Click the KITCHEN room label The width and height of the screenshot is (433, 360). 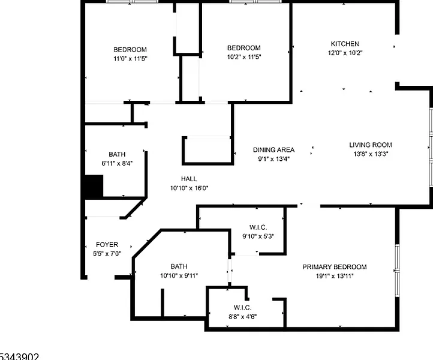click(x=345, y=44)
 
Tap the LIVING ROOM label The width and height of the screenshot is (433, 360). click(x=371, y=145)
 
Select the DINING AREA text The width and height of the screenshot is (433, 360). click(x=273, y=150)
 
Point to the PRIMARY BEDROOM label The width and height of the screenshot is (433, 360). click(x=335, y=267)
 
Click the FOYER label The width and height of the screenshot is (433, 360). click(x=107, y=245)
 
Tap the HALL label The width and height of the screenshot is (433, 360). click(x=189, y=179)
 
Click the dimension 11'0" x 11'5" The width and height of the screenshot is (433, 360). click(x=130, y=59)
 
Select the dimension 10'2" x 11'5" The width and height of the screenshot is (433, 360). click(x=244, y=57)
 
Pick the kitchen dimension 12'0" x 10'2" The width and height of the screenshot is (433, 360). click(x=345, y=53)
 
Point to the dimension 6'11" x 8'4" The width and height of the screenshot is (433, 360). click(x=117, y=163)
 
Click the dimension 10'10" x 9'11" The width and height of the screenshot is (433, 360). click(x=179, y=275)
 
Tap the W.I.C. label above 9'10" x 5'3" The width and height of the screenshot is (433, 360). click(x=258, y=227)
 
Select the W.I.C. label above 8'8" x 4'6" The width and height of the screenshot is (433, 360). click(x=242, y=308)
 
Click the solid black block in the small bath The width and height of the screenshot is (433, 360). click(x=94, y=186)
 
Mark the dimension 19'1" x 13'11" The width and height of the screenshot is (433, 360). click(x=335, y=276)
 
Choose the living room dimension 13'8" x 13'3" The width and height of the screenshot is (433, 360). click(x=371, y=154)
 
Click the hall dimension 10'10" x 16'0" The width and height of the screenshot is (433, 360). click(x=189, y=188)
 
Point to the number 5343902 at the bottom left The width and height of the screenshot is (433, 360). click(x=19, y=356)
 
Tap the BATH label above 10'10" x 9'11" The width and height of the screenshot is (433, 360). click(x=179, y=266)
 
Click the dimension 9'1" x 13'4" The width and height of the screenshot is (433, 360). click(x=273, y=159)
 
